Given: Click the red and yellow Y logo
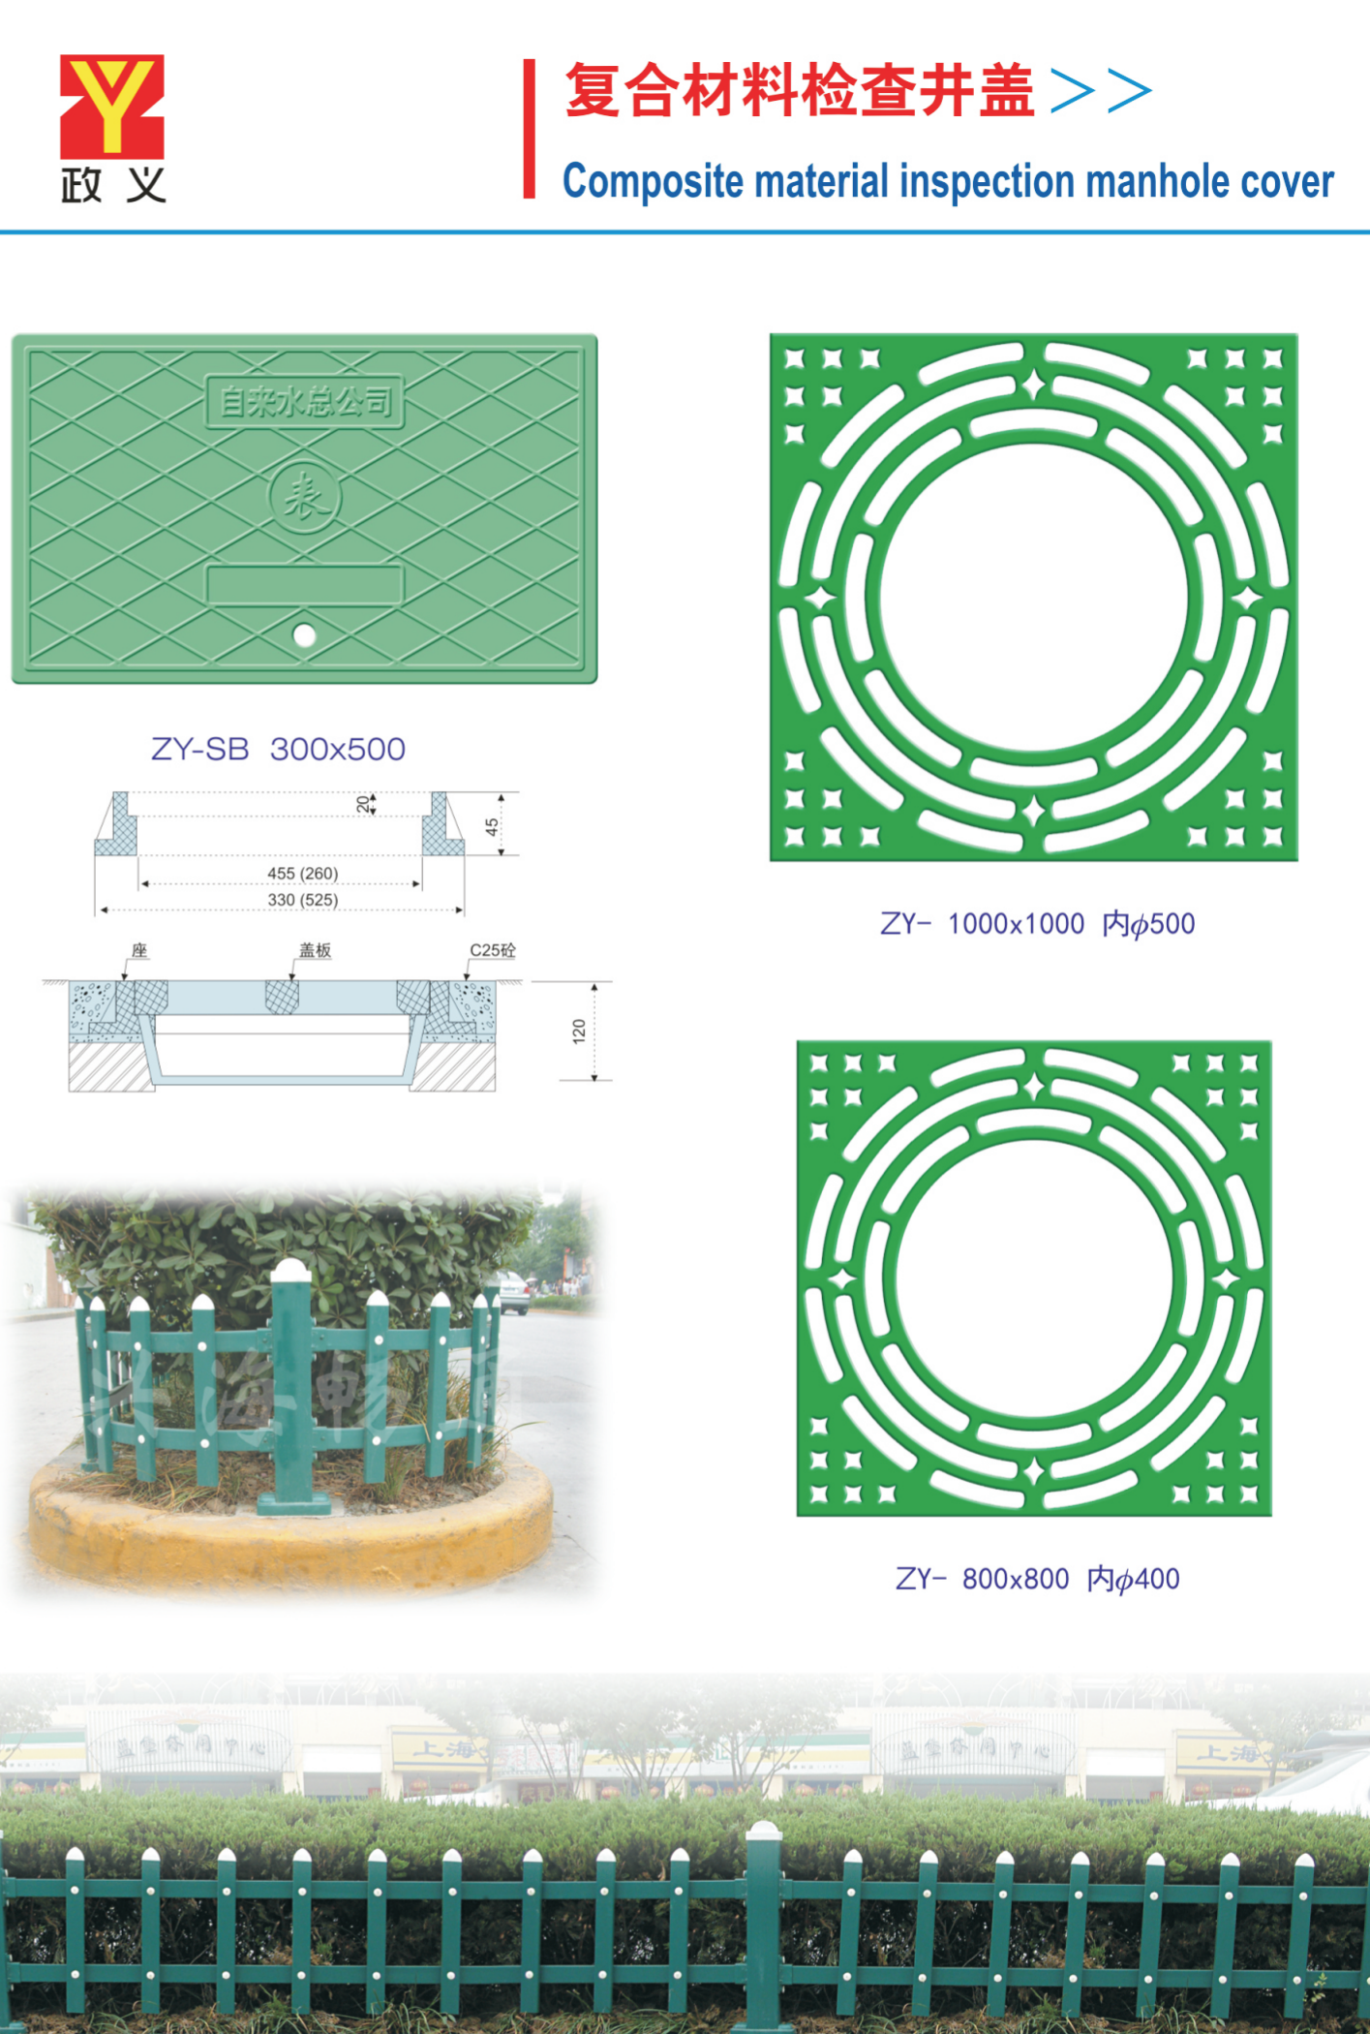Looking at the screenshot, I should (x=111, y=107).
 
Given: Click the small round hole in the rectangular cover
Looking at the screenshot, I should (x=304, y=635).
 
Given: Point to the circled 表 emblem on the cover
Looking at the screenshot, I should (x=304, y=498).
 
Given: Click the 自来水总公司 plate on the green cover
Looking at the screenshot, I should (x=304, y=401).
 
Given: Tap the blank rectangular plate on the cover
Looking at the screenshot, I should (x=304, y=585).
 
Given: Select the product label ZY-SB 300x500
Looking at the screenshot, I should (x=278, y=749).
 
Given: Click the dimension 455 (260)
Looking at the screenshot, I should (x=302, y=874).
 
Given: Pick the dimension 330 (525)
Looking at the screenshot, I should (x=302, y=900).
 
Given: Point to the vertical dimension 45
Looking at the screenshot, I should (x=492, y=826).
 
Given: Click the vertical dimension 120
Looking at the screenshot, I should (x=579, y=1031).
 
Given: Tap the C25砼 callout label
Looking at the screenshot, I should (x=492, y=950).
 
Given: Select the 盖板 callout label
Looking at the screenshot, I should (x=315, y=950).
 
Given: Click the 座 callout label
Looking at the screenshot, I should (x=139, y=950).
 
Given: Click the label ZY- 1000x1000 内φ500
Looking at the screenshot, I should (x=1037, y=924).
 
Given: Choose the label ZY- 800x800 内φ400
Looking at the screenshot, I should (x=1037, y=1579).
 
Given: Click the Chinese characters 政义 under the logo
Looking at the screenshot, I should (x=112, y=184).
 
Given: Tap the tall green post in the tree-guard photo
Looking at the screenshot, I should (x=290, y=1385).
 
